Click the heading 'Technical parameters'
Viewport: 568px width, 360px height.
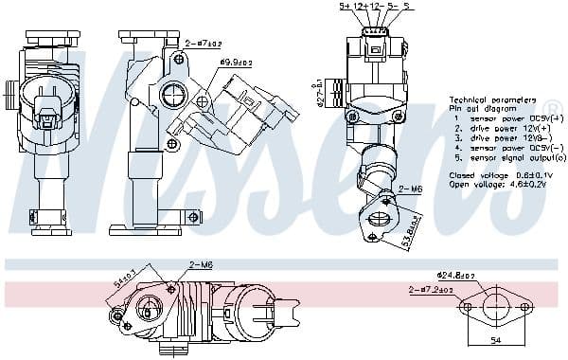point(492,99)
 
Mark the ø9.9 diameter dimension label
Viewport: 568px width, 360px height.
point(234,63)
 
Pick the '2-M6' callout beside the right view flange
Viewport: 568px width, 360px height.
point(409,189)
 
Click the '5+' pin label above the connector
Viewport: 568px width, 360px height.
point(346,7)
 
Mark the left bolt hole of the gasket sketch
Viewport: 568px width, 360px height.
point(467,307)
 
